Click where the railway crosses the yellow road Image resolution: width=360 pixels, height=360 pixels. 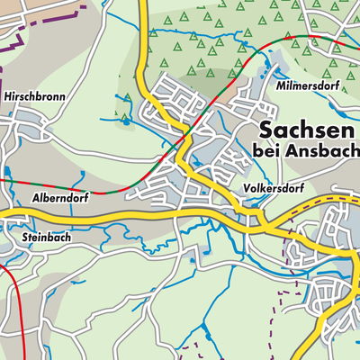[185, 135]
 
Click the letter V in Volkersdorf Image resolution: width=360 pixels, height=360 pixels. [246, 190]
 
